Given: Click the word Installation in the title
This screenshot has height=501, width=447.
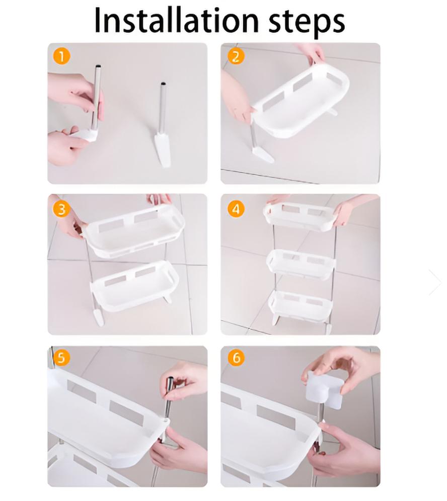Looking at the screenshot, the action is [x=177, y=21].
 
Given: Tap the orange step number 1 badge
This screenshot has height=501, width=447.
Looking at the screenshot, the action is [x=61, y=56].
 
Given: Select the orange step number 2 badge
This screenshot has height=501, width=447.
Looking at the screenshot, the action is [x=236, y=56].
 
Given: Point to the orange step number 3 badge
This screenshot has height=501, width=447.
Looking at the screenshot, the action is [x=61, y=209].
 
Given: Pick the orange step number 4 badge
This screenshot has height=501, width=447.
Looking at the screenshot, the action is [x=236, y=209].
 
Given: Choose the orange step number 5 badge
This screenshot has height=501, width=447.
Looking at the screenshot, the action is [x=61, y=358].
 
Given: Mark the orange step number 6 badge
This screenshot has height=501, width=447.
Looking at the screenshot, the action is [x=236, y=358].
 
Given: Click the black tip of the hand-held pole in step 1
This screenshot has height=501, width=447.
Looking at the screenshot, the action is [x=99, y=66].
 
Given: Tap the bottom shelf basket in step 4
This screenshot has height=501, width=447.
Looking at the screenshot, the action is [x=301, y=305].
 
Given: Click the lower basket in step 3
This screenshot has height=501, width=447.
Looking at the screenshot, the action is [x=134, y=286].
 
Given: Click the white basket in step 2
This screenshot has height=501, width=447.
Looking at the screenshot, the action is [x=301, y=102].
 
